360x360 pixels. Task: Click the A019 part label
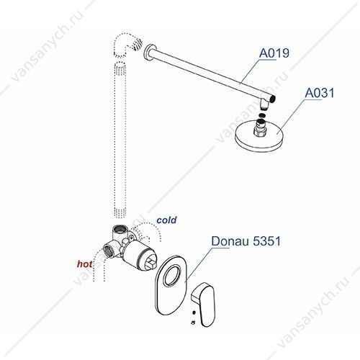point(274,53)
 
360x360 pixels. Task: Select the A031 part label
point(320,92)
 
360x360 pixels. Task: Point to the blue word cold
point(166,220)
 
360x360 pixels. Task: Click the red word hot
point(84,264)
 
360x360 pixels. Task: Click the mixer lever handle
point(203,304)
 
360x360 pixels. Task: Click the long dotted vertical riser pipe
point(120,139)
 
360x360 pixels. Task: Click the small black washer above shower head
point(264,114)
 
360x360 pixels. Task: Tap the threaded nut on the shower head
point(261,129)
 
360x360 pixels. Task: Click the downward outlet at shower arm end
point(264,105)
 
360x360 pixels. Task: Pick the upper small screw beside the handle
point(194,312)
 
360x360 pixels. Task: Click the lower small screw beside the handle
point(193,323)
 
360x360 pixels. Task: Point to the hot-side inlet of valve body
point(109,250)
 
